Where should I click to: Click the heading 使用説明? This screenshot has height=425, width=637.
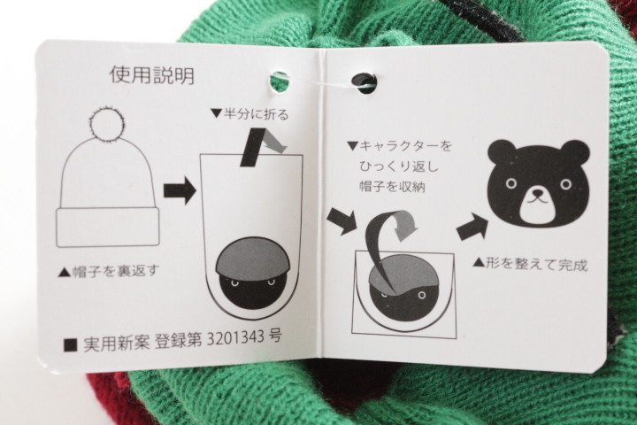152,75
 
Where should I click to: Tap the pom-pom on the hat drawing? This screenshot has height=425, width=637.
106,121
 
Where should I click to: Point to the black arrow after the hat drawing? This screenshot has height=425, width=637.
180,190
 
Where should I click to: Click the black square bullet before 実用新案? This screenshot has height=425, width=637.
71,345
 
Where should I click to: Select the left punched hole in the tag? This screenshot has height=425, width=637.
279,81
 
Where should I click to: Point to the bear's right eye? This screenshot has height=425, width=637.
565,184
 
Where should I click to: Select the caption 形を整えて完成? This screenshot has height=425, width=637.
530,265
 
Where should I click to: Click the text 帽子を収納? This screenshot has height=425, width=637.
392,187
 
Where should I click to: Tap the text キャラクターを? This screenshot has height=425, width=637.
399,145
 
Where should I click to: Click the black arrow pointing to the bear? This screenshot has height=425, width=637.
472,228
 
